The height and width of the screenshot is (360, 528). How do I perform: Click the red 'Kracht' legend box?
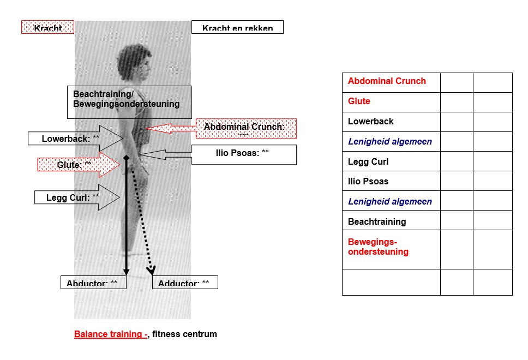tap(47, 27)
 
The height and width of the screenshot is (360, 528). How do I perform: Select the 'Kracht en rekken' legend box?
tap(237, 27)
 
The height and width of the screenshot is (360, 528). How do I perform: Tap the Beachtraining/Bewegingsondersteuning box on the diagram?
tap(129, 102)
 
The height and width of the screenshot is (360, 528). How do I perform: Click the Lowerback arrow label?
tap(71, 139)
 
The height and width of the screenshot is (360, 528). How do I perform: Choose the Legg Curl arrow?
tap(73, 197)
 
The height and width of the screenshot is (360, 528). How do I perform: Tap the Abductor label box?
tap(93, 283)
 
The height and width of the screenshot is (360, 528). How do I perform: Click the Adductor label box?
tap(184, 283)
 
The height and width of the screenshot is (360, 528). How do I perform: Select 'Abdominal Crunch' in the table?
tap(387, 81)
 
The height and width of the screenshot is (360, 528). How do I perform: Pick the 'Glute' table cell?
tap(359, 101)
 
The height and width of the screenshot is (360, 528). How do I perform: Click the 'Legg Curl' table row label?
tap(368, 161)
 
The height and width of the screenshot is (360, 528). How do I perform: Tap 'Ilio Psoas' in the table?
tap(368, 181)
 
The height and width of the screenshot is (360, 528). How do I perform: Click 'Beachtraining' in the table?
tap(377, 221)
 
